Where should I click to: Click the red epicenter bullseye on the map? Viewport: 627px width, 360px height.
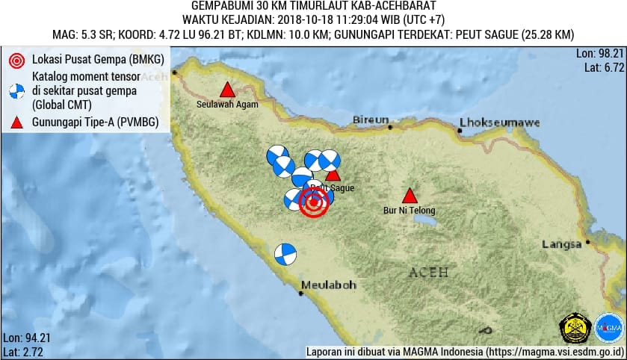point(314,202)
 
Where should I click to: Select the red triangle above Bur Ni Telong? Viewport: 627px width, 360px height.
point(409,196)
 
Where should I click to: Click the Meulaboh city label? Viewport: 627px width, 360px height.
point(329,285)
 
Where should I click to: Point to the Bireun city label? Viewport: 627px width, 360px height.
point(371,120)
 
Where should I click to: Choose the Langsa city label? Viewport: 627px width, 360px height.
point(561,244)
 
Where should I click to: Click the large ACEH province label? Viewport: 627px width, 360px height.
point(429,273)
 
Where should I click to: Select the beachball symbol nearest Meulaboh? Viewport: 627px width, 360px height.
point(285,255)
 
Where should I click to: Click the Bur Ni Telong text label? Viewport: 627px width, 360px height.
point(409,211)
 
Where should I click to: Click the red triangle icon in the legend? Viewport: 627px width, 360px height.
point(16,123)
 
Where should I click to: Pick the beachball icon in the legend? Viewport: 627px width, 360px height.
point(16,92)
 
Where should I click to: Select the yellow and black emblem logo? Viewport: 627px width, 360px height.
point(575,327)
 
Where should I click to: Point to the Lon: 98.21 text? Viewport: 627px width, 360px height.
point(599,54)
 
